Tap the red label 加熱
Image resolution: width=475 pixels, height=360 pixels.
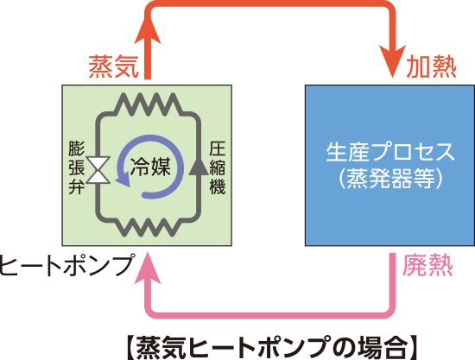[x=431, y=67]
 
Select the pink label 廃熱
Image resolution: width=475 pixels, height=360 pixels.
[x=427, y=266]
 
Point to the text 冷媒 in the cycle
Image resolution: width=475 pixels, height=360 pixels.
[x=150, y=167]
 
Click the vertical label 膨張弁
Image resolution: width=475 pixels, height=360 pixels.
[x=76, y=167]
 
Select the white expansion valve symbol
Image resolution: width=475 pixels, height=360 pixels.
[x=98, y=170]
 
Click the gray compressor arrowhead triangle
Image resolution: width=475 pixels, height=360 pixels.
[x=199, y=166]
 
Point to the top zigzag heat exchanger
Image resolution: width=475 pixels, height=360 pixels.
[x=149, y=104]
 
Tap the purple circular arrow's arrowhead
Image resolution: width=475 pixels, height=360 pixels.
[x=123, y=180]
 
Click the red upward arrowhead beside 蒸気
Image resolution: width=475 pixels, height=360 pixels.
[x=148, y=32]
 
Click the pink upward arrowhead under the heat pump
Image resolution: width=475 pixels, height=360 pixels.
[x=148, y=268]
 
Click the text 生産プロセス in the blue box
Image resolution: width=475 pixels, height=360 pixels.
[x=390, y=151]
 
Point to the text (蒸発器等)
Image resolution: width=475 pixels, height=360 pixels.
[x=390, y=178]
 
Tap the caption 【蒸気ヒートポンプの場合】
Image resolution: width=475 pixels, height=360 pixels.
[x=271, y=347]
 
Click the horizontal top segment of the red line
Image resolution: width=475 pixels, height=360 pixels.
[x=270, y=3]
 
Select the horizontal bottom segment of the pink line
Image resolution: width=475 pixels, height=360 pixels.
[x=270, y=315]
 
